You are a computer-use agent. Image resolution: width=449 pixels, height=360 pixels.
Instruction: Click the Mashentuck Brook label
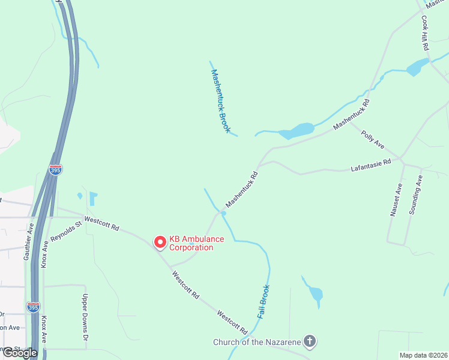[220, 100]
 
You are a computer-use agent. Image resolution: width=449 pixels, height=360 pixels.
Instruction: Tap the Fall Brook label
[264, 301]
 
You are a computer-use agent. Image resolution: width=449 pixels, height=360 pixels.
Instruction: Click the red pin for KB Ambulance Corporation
[160, 242]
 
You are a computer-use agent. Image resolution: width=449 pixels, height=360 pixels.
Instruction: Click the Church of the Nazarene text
[256, 343]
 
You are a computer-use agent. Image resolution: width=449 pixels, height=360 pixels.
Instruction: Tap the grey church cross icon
[310, 342]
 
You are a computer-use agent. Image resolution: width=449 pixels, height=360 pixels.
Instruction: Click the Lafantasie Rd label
[370, 166]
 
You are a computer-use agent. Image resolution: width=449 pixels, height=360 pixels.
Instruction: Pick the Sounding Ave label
[416, 195]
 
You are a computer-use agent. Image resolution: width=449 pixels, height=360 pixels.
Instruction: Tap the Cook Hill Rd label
[424, 32]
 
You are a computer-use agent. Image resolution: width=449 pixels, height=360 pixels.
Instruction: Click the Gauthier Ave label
[28, 241]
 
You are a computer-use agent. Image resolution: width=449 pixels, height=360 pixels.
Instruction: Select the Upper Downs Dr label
[85, 313]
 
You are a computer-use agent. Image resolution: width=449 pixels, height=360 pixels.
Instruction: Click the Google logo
[19, 353]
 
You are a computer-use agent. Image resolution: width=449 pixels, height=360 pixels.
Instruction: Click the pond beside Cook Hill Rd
[417, 67]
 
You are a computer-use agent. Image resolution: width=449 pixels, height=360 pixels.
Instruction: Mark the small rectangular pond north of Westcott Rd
[92, 199]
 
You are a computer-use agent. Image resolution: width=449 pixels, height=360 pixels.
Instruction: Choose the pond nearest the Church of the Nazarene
[315, 294]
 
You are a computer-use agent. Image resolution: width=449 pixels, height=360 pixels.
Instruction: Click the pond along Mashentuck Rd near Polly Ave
[298, 130]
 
